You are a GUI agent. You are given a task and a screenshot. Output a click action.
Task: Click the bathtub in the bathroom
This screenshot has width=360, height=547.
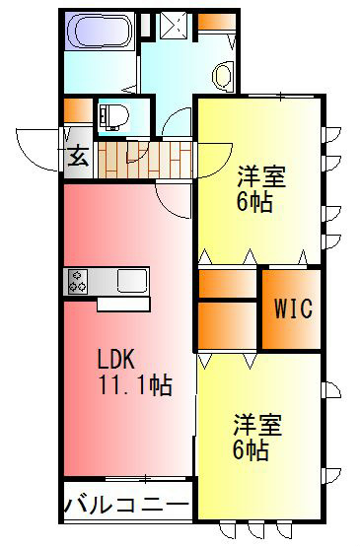click(99, 33)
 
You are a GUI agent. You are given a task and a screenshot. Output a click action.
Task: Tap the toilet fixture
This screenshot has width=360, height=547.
click(110, 116)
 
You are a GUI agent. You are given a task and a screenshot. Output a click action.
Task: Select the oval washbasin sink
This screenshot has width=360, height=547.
click(224, 75)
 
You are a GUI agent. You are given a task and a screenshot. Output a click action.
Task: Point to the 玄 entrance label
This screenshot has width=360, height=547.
click(78, 158)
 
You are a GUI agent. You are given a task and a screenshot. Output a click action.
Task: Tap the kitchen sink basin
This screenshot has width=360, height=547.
click(130, 281)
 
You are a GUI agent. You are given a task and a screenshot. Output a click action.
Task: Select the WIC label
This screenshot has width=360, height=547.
click(292, 308)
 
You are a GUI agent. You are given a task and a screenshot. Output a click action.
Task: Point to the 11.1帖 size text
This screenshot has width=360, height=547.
click(134, 384)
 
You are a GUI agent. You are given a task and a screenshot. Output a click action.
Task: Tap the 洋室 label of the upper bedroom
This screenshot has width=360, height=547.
click(261, 178)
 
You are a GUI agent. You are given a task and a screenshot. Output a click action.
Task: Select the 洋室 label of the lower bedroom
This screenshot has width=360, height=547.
click(258, 427)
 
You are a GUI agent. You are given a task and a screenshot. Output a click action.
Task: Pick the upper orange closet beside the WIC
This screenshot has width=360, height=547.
click(228, 283)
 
